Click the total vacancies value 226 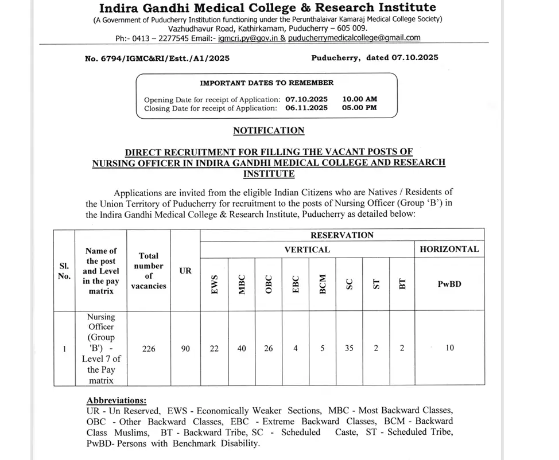[x=149, y=348]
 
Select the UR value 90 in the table [x=185, y=348]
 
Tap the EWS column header [x=215, y=284]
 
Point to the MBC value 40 [x=242, y=348]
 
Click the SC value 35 [x=349, y=348]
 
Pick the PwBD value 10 [x=449, y=348]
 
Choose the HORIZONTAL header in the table [x=449, y=249]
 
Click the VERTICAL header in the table [x=307, y=250]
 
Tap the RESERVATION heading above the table [x=341, y=235]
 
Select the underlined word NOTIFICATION [x=269, y=130]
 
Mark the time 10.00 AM [x=359, y=99]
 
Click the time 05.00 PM [x=359, y=107]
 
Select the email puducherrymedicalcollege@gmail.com [x=354, y=38]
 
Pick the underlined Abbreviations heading [x=117, y=400]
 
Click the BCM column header [x=323, y=284]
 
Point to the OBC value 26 [x=268, y=348]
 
